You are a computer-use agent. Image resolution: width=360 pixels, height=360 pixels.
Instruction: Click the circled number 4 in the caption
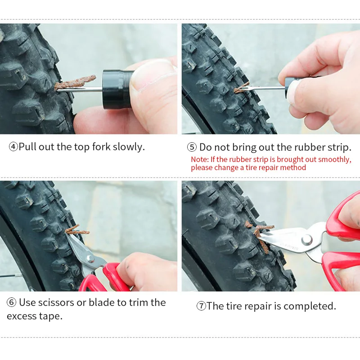(13, 147)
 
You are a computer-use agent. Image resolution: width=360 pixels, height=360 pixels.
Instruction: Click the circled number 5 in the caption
(192, 147)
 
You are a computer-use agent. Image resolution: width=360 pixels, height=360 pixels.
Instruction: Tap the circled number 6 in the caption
(12, 302)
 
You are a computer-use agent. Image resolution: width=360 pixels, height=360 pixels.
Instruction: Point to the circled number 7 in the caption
(201, 306)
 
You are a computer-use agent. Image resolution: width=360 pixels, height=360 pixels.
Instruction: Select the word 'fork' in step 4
(101, 147)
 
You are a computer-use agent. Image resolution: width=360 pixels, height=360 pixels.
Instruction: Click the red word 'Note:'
(200, 160)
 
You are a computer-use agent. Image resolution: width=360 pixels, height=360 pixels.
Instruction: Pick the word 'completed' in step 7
(310, 306)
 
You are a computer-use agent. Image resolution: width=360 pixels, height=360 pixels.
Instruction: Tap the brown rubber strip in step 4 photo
(74, 83)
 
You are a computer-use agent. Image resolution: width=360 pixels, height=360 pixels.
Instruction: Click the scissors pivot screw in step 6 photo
(90, 258)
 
